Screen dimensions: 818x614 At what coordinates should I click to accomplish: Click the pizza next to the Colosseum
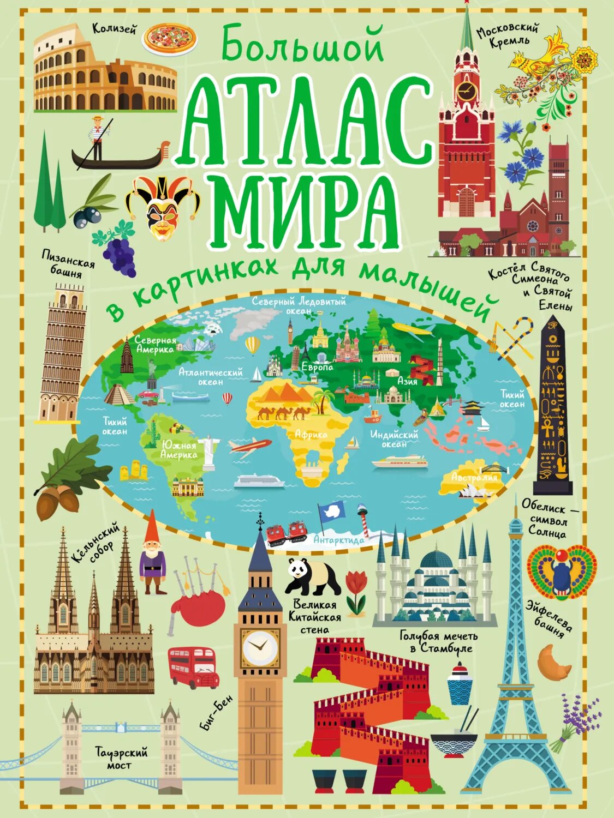(x=169, y=39)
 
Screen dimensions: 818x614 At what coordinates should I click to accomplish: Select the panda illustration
(x=313, y=578)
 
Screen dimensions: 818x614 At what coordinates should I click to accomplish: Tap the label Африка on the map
(x=311, y=435)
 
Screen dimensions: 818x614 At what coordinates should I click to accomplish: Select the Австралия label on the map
(x=474, y=477)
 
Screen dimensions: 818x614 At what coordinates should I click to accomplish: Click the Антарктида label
(x=339, y=540)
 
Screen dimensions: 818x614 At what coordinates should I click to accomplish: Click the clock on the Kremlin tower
(x=466, y=90)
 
